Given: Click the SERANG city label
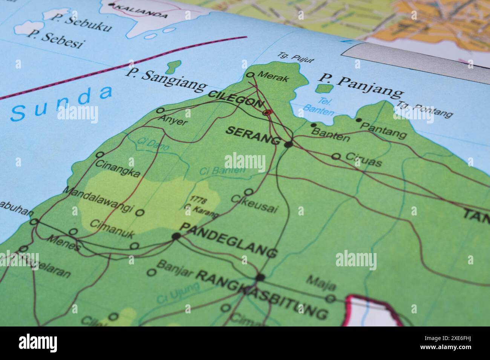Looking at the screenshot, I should click(253, 136).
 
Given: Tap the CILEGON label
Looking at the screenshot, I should click(236, 99).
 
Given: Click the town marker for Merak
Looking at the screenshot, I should click(250, 75).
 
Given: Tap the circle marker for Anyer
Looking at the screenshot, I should click(160, 111).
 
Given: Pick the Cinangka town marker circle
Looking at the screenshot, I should click(100, 154).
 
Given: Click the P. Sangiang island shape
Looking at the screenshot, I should click(173, 67).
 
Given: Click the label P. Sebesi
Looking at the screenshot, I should click(55, 40).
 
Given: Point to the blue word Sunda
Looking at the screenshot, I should click(62, 103).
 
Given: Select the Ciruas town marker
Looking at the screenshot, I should click(336, 156).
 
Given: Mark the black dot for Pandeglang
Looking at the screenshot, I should click(176, 236).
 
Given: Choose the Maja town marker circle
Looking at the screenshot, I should click(331, 299).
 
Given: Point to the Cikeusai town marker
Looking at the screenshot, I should click(249, 192).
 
